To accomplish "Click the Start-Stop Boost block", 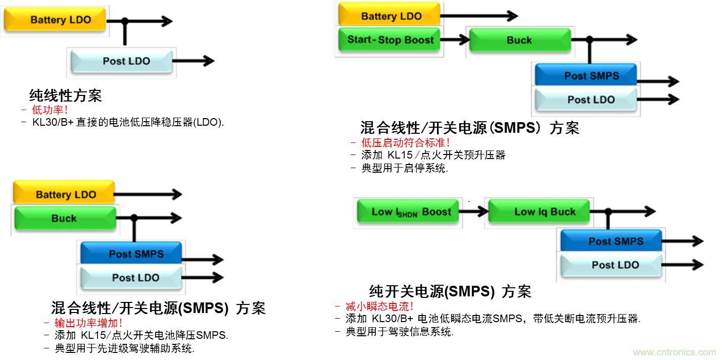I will [x=390, y=40].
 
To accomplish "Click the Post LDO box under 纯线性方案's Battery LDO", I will [x=126, y=61].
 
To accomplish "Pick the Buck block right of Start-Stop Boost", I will [x=519, y=40].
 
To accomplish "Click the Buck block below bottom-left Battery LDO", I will [x=64, y=219].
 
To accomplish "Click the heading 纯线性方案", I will [x=66, y=95].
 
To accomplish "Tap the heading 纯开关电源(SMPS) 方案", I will [x=450, y=291].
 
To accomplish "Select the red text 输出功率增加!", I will [x=88, y=323].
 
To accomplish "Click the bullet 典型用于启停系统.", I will [x=404, y=168].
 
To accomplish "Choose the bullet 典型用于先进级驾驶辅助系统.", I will [x=124, y=348].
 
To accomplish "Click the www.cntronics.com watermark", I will [x=674, y=352].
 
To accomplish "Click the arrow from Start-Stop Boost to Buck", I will [x=456, y=40].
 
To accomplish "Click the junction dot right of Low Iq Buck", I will [x=609, y=212].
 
